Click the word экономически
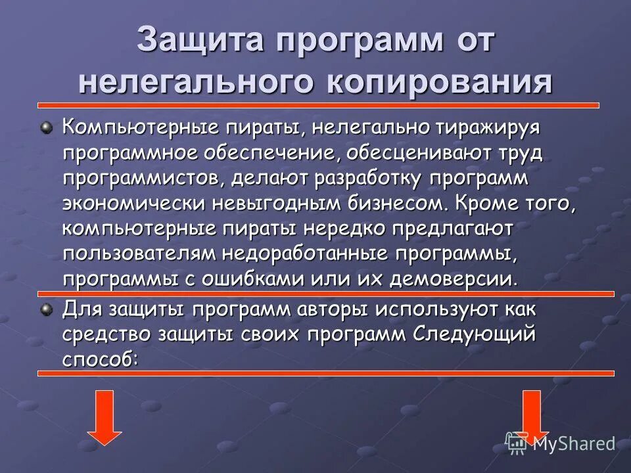pyautogui.click(x=133, y=203)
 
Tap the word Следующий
pyautogui.click(x=475, y=334)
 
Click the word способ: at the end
pyautogui.click(x=101, y=359)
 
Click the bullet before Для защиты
pyautogui.click(x=46, y=309)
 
